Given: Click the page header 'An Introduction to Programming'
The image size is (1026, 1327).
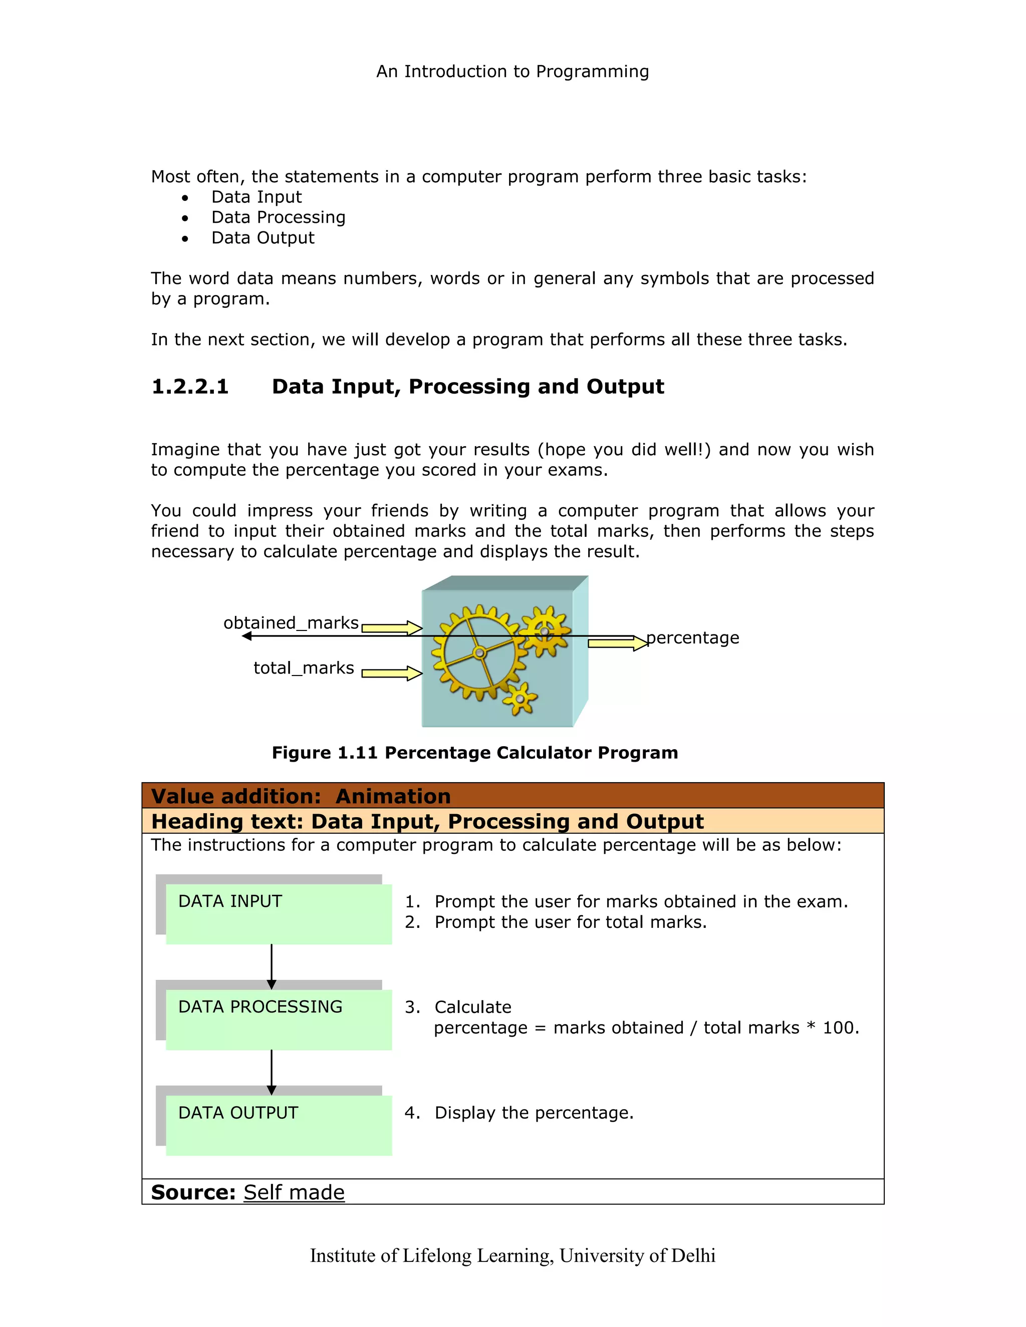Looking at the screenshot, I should pos(512,72).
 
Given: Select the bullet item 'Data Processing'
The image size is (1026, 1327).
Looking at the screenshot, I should pos(279,217).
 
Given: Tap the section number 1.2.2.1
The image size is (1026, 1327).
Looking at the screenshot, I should pos(190,387).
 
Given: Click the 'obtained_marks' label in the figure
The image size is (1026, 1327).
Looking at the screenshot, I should pos(291,623).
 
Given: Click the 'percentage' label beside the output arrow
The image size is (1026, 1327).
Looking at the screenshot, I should pos(692,638).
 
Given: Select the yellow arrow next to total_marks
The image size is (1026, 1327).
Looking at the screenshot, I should pos(391,673).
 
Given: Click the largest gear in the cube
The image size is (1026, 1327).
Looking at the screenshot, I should pos(479,653).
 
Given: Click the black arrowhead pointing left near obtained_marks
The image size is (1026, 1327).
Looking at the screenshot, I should pos(247,636).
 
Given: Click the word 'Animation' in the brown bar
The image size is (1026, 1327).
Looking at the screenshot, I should pos(393,797).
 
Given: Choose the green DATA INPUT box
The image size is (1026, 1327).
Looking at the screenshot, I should pos(279,914).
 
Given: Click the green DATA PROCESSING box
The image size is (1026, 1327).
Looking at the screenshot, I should pos(279,1020).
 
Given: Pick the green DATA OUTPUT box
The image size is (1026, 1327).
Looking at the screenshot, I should pos(279,1126).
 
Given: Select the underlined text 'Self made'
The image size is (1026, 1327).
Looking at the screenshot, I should pos(294,1193).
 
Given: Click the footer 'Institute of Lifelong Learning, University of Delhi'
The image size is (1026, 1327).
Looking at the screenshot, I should pos(512,1255).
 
